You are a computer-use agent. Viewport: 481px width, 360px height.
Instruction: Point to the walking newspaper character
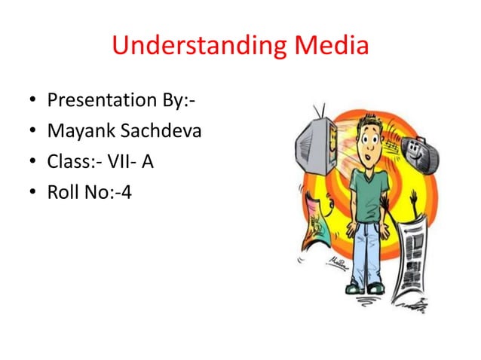pyautogui.click(x=411, y=260)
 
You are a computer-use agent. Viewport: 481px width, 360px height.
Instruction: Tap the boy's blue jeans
pyautogui.click(x=365, y=249)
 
